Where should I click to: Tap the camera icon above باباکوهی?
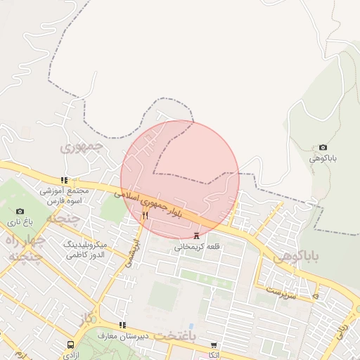[x=323, y=147]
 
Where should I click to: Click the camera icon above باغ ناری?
[x=20, y=211]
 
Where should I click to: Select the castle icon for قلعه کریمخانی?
[x=196, y=236]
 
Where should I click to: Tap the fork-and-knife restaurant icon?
[x=145, y=215]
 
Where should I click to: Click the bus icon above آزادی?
[x=70, y=345]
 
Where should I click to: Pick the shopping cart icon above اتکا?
[x=214, y=345]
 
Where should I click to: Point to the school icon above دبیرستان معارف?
[x=123, y=325]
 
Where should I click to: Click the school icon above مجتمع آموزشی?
[x=65, y=180]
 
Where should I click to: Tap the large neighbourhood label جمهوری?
[x=82, y=147]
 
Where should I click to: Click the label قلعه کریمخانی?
[x=197, y=247]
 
